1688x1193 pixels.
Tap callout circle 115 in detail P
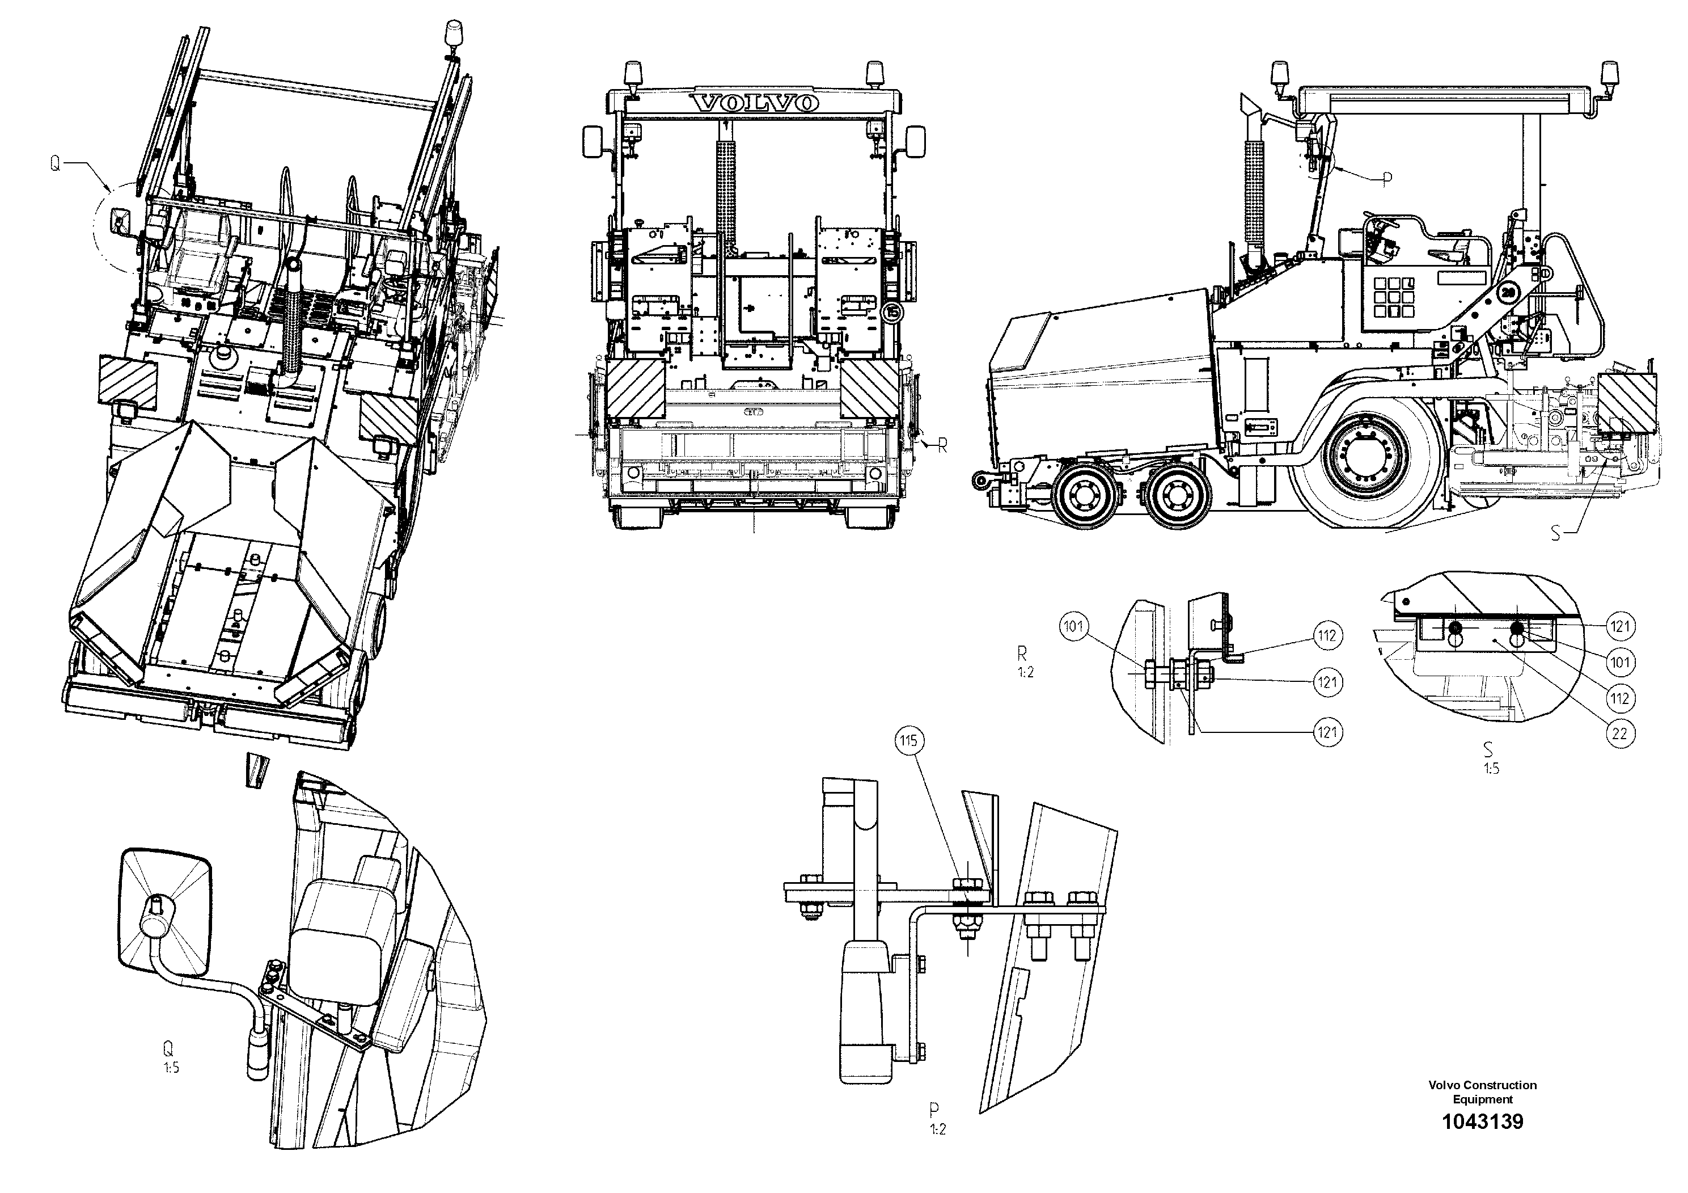[x=909, y=741]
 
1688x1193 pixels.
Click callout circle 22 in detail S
[x=1619, y=733]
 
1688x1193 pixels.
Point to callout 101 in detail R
[x=1073, y=627]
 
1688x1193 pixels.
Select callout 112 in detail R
[x=1327, y=635]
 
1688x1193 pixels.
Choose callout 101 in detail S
[x=1619, y=662]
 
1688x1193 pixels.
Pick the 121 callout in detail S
[x=1619, y=627]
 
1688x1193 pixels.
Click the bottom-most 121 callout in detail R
[x=1327, y=732]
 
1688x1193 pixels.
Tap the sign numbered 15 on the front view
[x=892, y=313]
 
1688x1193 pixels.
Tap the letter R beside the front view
[x=942, y=445]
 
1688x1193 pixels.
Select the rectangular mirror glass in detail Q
[x=166, y=912]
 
